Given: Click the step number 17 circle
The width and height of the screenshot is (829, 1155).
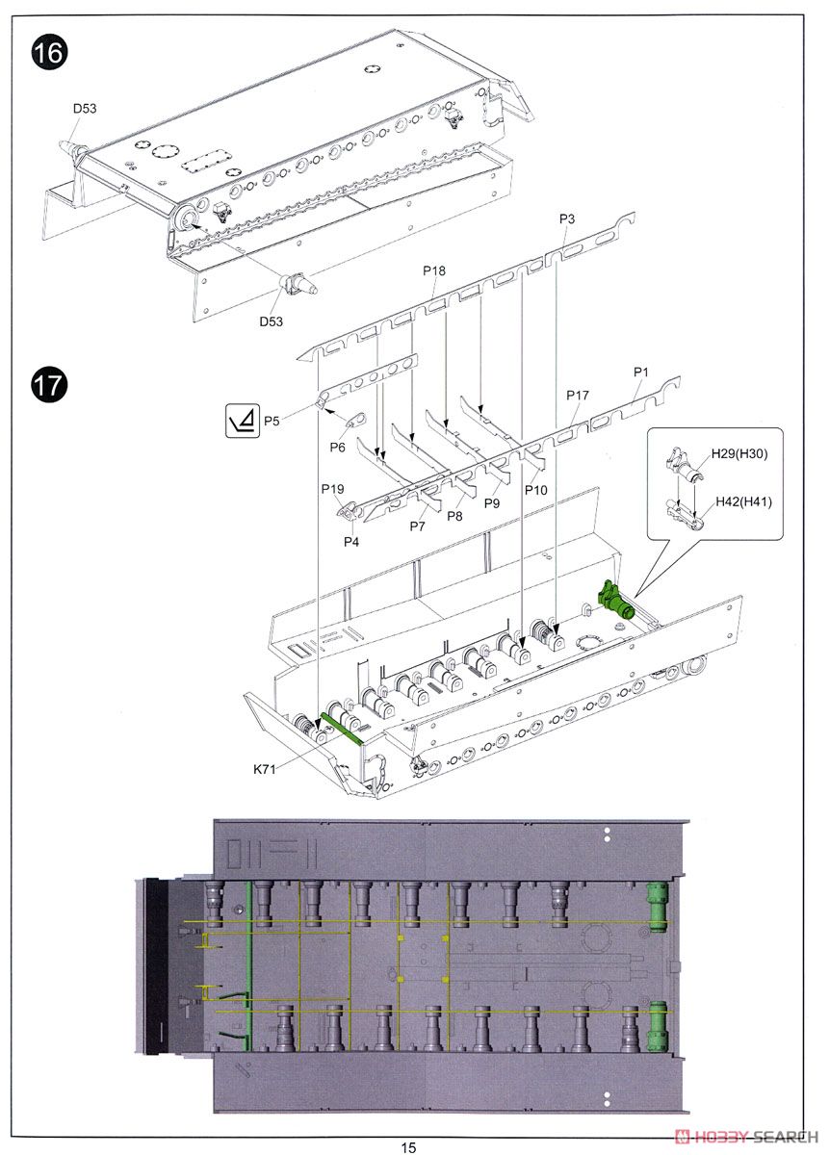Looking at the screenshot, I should (50, 386).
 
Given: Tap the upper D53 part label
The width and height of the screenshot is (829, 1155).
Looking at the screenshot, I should (85, 109).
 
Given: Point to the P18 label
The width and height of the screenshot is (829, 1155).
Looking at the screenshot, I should (434, 272).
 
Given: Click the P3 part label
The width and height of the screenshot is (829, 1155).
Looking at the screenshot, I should (567, 220).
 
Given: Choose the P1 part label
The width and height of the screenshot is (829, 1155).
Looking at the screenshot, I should (641, 372).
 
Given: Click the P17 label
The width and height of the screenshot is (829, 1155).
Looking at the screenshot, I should (578, 396).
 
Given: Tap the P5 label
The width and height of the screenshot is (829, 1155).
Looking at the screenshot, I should (272, 421).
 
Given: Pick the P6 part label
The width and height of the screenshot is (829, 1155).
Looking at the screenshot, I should (337, 448).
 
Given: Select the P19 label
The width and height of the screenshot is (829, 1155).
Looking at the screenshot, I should (332, 489).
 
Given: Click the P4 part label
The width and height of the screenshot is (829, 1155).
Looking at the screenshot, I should (351, 542).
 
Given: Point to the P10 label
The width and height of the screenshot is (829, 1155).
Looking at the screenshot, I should (536, 491).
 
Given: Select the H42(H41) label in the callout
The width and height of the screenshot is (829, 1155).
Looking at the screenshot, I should (743, 501).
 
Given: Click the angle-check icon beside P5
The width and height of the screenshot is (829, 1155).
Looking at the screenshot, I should (240, 421).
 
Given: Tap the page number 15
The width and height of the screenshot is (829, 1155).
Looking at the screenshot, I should (409, 1146).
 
